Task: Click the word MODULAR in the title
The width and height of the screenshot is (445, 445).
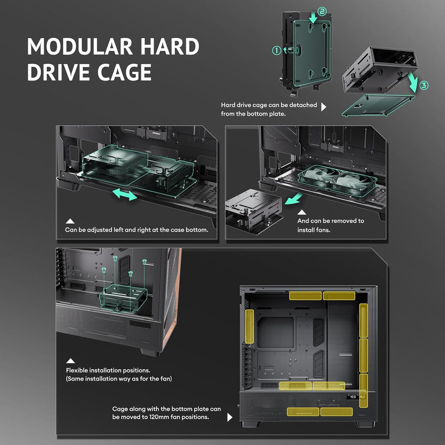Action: (x=80, y=46)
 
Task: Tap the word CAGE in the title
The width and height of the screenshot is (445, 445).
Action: (x=124, y=72)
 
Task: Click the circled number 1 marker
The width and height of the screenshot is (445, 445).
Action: (x=276, y=50)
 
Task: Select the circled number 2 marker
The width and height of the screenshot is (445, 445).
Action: (x=322, y=11)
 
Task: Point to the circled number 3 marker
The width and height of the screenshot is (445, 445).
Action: (x=424, y=86)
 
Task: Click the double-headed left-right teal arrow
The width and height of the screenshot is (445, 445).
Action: (x=125, y=195)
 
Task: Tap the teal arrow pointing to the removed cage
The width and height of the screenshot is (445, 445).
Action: (x=294, y=199)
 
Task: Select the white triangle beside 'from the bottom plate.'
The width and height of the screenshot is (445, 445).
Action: (x=323, y=107)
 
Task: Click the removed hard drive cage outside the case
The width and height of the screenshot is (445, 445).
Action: (x=254, y=210)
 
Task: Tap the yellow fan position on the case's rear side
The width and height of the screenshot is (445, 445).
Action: (x=249, y=326)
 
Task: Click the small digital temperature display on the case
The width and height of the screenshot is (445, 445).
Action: (x=356, y=396)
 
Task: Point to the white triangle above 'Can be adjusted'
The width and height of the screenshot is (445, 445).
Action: (x=70, y=221)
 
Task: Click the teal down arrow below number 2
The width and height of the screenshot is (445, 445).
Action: (x=313, y=18)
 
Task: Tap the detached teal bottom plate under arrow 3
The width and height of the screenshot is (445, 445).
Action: (x=378, y=106)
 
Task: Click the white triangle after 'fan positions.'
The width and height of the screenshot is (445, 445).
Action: (x=230, y=417)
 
